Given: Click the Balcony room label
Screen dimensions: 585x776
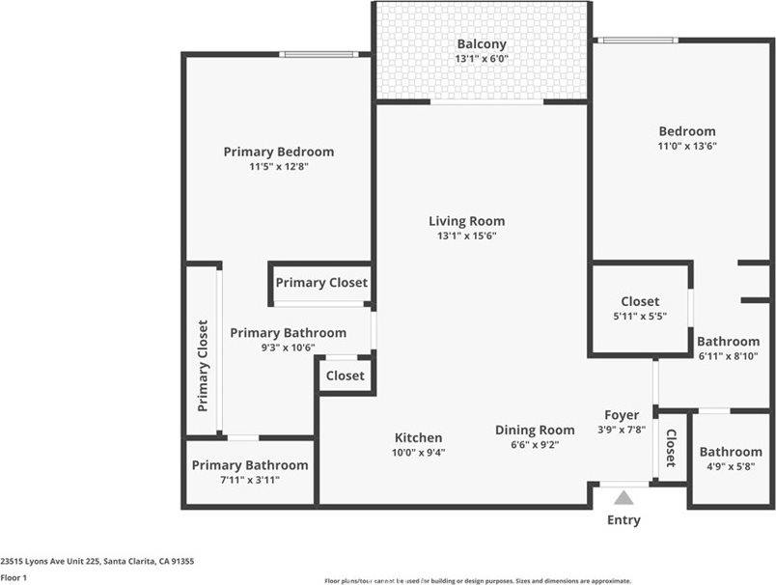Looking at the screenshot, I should click(481, 44).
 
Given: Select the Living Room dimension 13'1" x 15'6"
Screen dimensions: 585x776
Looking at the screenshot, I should click(466, 236).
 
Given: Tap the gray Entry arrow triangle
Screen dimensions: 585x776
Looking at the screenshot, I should click(624, 498).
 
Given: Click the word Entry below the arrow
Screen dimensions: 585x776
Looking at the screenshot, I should click(624, 520).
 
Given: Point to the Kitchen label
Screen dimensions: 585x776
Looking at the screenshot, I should click(418, 437).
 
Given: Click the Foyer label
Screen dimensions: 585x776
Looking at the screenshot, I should click(623, 415).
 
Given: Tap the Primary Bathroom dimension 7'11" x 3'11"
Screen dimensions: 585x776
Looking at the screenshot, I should click(250, 480).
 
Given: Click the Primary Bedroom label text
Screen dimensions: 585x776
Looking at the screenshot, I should click(279, 152).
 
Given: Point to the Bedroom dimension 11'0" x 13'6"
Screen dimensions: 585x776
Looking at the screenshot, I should click(687, 146).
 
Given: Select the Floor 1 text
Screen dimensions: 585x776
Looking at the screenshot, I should click(14, 577).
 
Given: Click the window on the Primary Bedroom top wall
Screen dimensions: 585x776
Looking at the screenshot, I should click(319, 54).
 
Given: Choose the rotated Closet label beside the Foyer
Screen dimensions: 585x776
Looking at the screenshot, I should click(670, 448).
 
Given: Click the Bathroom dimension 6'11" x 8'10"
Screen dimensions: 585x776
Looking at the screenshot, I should click(729, 355).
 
